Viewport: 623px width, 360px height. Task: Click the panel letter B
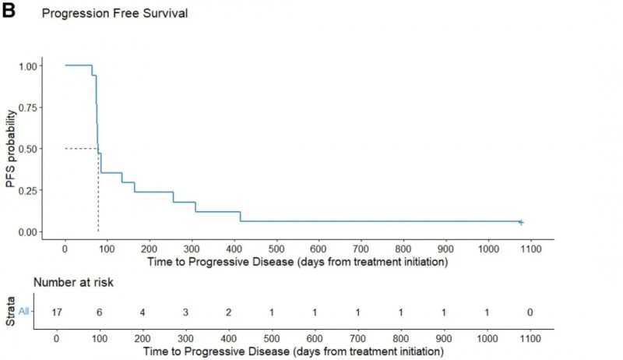[9, 11]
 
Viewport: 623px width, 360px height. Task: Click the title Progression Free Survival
[114, 14]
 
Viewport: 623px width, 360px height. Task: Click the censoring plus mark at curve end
[521, 222]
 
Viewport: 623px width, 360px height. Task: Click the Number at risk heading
[73, 282]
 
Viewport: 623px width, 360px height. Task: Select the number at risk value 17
[57, 312]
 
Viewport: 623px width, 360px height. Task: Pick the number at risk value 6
[100, 312]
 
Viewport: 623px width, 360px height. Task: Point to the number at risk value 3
[185, 312]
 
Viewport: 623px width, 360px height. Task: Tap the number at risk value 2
[227, 312]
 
